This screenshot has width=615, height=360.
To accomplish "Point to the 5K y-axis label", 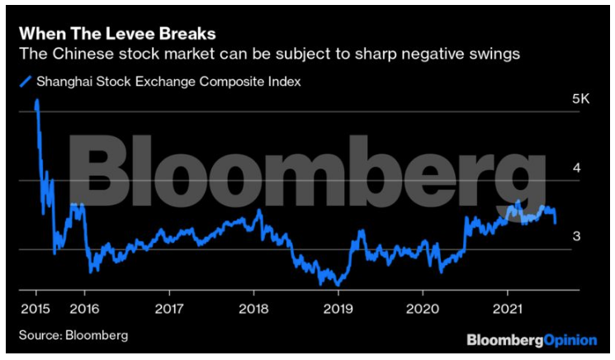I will pyautogui.click(x=581, y=99).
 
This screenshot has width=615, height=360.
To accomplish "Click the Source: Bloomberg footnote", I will pyautogui.click(x=74, y=335).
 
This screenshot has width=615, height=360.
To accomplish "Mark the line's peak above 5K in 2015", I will pyautogui.click(x=37, y=102).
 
